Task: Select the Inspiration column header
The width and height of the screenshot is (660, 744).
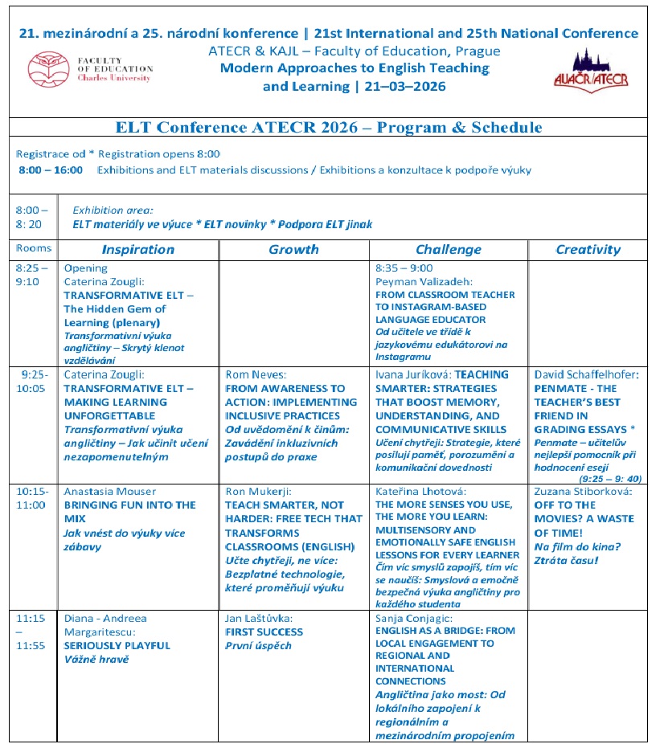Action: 138,249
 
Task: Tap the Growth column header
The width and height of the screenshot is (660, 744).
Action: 294,249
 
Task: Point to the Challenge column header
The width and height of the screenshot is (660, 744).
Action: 449,249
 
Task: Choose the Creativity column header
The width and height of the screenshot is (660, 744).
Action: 588,249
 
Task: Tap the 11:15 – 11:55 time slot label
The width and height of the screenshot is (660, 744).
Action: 31,632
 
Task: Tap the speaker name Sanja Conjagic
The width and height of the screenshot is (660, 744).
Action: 413,619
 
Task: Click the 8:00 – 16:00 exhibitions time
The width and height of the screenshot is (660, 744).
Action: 51,170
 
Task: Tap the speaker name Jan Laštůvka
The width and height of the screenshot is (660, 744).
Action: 259,619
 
